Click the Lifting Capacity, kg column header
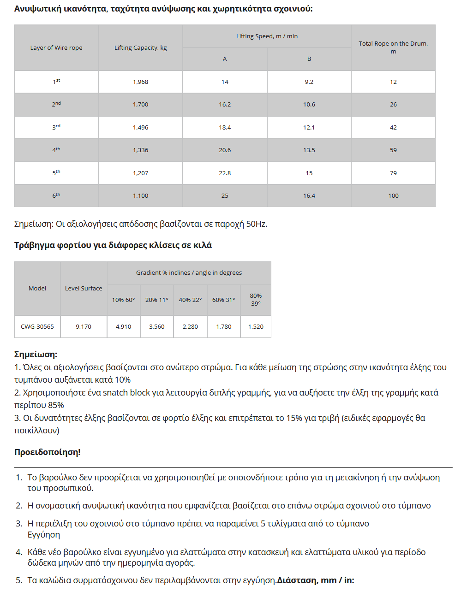tap(141, 48)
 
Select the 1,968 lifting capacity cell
tap(141, 82)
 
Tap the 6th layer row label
tap(56, 196)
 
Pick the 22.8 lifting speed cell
tap(225, 173)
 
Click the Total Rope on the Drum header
tap(393, 47)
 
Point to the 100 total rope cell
tap(393, 196)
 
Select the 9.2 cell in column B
tap(309, 82)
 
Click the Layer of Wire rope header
tap(56, 48)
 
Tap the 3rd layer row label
tap(56, 128)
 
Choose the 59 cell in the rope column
tap(393, 150)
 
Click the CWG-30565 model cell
tap(37, 327)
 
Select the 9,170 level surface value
tap(84, 327)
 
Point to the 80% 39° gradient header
tap(256, 300)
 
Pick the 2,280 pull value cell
tap(190, 327)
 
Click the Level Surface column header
tap(84, 289)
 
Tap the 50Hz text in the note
tap(256, 225)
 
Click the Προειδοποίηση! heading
tap(48, 452)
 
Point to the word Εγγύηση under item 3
tap(44, 535)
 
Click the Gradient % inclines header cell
tap(189, 273)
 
